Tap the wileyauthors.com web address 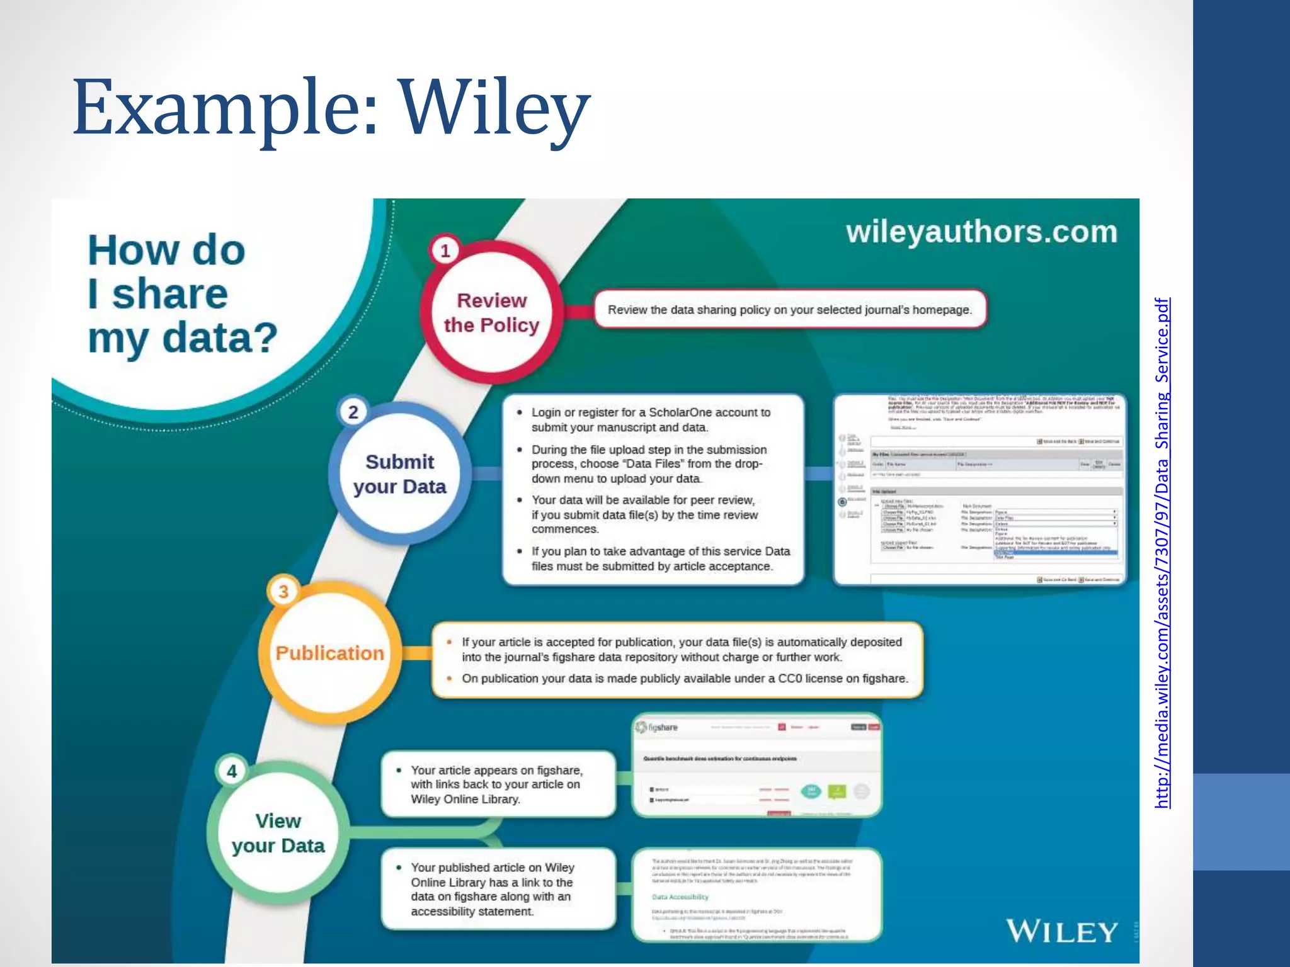[x=981, y=232]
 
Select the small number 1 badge [x=445, y=251]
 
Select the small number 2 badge [x=353, y=412]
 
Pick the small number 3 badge [x=283, y=592]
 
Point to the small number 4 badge [x=232, y=771]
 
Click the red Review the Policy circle [x=491, y=313]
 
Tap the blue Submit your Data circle [x=399, y=474]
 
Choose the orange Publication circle [x=329, y=653]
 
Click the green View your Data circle [x=278, y=833]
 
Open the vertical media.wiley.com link [x=1162, y=553]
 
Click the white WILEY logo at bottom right [x=1062, y=932]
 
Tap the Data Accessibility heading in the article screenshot [x=680, y=896]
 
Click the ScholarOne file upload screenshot [x=980, y=490]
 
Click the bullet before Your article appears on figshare [x=399, y=771]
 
